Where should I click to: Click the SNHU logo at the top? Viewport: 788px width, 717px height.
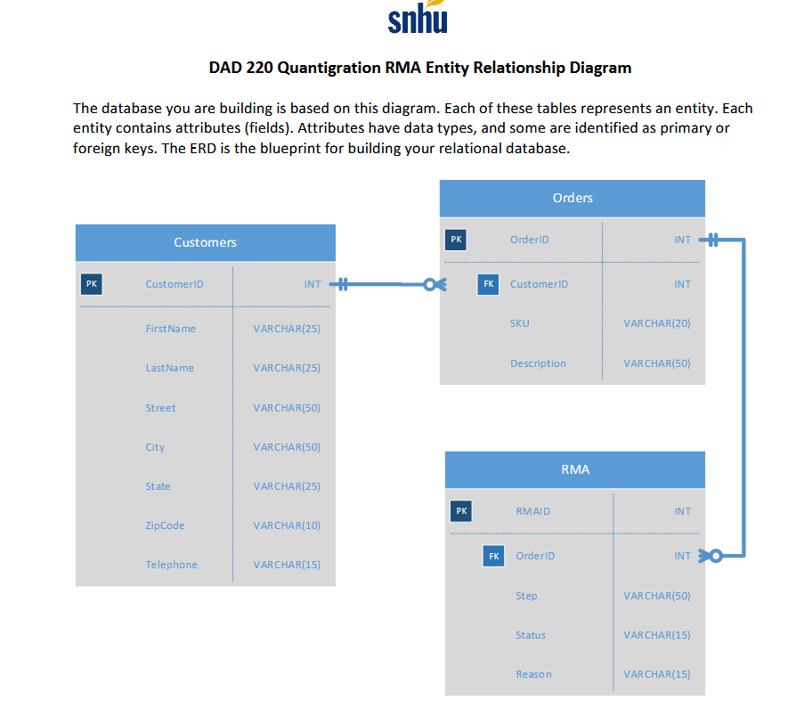[418, 19]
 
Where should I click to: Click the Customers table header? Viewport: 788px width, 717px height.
[205, 242]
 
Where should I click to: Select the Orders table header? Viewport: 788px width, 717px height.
[572, 198]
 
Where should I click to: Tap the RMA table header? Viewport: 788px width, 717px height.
[574, 469]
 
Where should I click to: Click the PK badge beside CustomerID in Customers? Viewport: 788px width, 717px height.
[91, 284]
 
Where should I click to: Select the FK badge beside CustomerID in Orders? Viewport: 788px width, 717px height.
[488, 284]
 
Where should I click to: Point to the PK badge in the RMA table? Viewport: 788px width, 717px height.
[460, 511]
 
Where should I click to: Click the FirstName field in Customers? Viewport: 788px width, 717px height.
[170, 329]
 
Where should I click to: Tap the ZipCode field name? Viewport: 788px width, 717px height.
[165, 526]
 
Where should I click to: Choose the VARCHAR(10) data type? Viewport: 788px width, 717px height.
[287, 526]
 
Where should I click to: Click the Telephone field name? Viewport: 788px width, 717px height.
[171, 565]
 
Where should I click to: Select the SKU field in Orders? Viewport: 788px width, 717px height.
[519, 323]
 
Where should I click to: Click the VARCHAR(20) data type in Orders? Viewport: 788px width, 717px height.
[656, 323]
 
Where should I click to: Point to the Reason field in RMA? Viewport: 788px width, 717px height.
[533, 674]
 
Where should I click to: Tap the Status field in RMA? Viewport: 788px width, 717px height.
[531, 635]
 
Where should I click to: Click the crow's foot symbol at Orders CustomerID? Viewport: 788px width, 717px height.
[432, 284]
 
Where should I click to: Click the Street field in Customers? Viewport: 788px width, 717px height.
[160, 408]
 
